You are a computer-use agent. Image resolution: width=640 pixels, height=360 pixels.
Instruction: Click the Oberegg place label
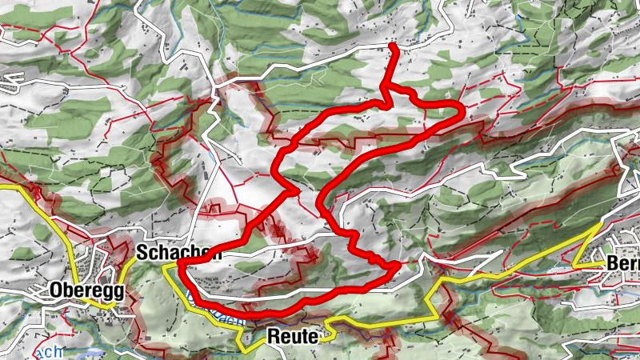pos(86,290)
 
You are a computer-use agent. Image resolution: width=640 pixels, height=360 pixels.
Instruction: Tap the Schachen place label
pos(178,253)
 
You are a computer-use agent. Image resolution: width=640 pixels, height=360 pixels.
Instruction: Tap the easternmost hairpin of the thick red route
pos(462,113)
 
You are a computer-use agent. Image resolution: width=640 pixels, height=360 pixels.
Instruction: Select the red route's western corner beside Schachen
pos(181,262)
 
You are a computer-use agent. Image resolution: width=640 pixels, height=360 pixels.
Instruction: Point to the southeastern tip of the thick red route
pos(398,265)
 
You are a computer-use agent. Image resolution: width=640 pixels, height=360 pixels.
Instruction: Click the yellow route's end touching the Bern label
pos(605,264)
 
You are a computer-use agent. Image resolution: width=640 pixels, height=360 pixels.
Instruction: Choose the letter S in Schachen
pos(142,253)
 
